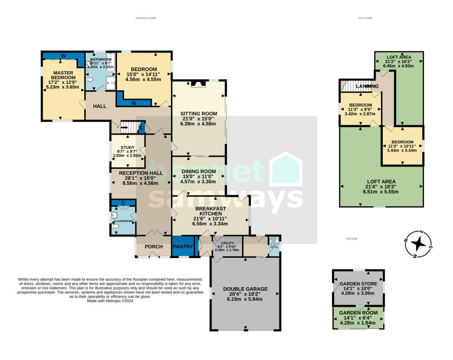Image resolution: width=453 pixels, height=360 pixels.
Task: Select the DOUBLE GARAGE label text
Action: point(245,289)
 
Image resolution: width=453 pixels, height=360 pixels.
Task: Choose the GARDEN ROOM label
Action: point(358,313)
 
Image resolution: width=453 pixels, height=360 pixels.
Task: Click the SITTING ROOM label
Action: point(199,114)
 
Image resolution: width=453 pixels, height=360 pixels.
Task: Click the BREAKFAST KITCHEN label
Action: point(211,211)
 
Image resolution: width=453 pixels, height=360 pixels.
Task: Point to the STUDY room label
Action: point(128,148)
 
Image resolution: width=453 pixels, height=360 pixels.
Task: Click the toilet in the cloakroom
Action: point(116,226)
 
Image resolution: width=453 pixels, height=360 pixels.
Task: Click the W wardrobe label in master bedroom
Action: point(63,56)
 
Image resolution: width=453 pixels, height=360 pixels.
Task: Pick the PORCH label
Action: point(154,247)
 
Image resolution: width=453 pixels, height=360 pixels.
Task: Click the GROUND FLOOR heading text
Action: point(146,18)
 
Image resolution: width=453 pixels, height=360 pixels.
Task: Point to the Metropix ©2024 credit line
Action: point(110,301)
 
